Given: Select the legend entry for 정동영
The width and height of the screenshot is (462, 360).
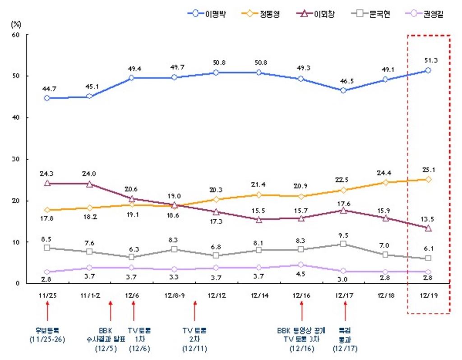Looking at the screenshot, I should tap(263, 14).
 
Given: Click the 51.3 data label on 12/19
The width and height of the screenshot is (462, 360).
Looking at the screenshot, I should tap(428, 60).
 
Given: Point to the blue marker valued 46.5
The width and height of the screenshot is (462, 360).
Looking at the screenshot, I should tap(343, 90).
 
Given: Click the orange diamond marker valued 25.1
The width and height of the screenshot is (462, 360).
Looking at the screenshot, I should tap(428, 179).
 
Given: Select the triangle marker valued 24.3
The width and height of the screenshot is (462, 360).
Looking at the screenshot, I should tap(47, 183).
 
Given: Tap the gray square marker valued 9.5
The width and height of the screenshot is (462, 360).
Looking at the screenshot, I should tap(343, 244).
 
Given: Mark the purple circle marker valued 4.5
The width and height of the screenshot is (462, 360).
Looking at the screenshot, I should tap(301, 265).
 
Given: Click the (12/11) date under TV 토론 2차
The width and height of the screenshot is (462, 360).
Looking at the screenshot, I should tap(194, 348).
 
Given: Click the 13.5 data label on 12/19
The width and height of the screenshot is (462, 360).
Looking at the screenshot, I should tap(428, 220).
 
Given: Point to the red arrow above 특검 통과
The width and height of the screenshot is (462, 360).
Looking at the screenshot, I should tap(345, 310).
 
